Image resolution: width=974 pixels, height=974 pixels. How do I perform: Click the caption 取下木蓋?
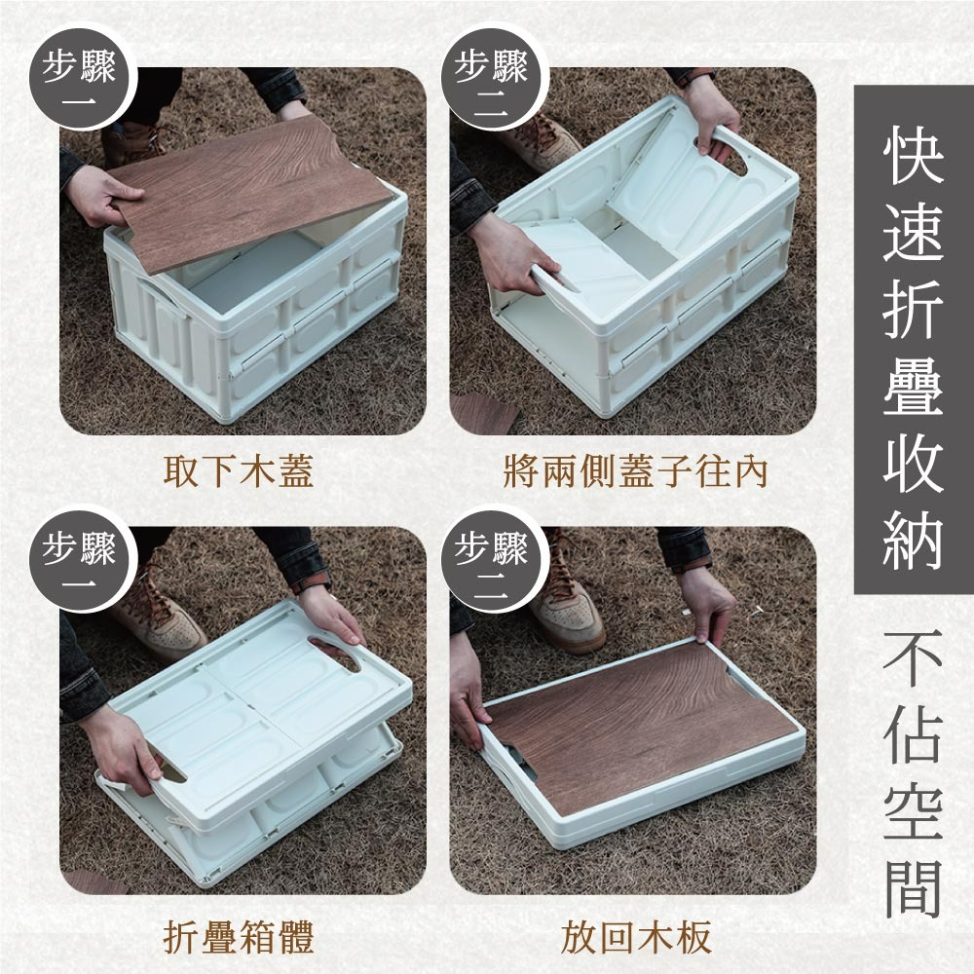(239, 470)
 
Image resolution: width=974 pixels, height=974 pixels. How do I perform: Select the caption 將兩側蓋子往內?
(635, 470)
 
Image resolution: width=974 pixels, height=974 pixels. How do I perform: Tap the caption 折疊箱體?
(239, 937)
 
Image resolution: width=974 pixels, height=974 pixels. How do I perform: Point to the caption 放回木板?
(635, 937)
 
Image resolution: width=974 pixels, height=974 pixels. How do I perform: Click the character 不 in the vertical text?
(914, 657)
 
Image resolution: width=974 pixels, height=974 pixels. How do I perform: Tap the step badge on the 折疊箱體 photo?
(80, 560)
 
